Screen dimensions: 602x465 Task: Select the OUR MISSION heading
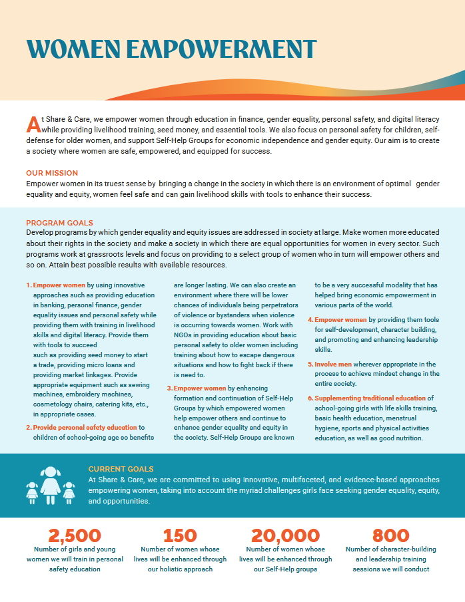point(52,173)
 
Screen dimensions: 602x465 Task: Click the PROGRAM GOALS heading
point(60,223)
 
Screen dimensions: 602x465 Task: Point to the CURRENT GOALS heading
point(121,469)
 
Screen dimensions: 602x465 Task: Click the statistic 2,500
point(75,535)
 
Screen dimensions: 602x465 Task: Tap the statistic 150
point(180,535)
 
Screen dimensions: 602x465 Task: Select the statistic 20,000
point(285,535)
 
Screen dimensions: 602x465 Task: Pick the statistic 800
point(391,535)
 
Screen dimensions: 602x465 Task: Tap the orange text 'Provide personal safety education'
point(85,427)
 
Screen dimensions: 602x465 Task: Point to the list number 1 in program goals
point(29,285)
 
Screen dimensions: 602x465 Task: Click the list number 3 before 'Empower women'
point(169,388)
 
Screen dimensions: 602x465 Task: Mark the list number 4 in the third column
point(310,320)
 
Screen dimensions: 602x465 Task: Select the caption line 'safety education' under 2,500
point(75,569)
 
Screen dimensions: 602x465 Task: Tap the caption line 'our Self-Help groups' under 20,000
point(285,569)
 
